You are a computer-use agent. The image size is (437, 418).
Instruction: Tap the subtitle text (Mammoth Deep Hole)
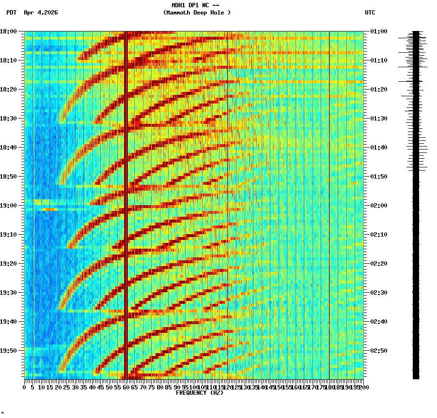197,13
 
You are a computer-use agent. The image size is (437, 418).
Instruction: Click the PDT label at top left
11,13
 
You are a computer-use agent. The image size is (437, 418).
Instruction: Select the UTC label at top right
370,13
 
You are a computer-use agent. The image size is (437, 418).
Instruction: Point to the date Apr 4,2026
41,13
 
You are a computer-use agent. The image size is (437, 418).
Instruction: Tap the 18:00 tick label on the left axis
8,31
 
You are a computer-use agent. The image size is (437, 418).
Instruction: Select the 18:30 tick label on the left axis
8,119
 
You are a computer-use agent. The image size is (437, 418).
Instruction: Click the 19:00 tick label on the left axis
8,206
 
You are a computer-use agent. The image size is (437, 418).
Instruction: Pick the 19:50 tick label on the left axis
8,350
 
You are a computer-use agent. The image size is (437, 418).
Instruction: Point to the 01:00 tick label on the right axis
378,31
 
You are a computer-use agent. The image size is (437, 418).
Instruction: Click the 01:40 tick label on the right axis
378,148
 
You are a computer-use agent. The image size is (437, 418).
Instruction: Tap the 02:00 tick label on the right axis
378,206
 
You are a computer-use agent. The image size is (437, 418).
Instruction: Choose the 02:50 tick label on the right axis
378,350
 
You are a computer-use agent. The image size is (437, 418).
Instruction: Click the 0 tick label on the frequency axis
25,387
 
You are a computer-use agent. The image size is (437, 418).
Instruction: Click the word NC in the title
205,5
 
